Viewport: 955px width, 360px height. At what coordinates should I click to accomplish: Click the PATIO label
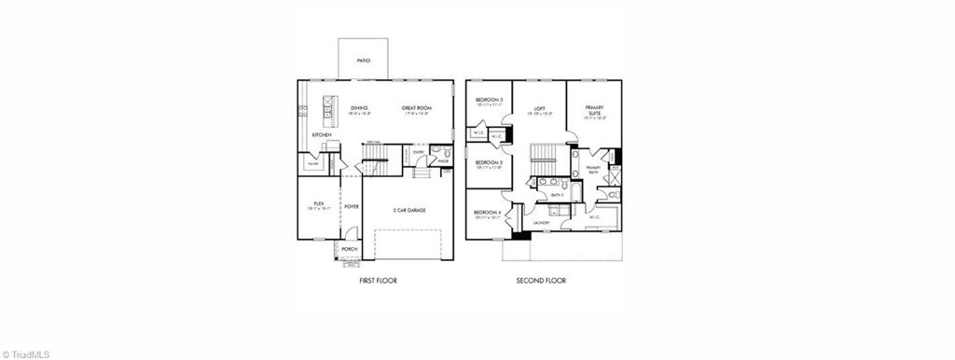pyautogui.click(x=364, y=61)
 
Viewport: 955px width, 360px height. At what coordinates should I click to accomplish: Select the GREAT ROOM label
pyautogui.click(x=415, y=108)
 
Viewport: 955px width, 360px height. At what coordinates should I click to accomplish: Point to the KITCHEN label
pyautogui.click(x=322, y=134)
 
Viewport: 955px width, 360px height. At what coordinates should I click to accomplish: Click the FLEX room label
pyautogui.click(x=318, y=203)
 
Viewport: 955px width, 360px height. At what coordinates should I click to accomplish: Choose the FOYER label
pyautogui.click(x=352, y=206)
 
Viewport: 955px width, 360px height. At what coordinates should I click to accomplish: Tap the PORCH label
pyautogui.click(x=350, y=249)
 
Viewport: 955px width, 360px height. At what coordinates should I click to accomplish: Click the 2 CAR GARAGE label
pyautogui.click(x=409, y=210)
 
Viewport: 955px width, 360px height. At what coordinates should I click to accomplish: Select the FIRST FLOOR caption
pyautogui.click(x=378, y=280)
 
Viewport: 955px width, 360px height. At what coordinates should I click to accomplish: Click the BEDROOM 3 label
pyautogui.click(x=489, y=100)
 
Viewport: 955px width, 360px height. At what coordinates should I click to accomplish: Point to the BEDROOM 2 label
pyautogui.click(x=489, y=162)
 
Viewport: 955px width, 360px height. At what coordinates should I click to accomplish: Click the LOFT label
pyautogui.click(x=539, y=108)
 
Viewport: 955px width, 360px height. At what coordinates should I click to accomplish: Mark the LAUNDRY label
pyautogui.click(x=541, y=223)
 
